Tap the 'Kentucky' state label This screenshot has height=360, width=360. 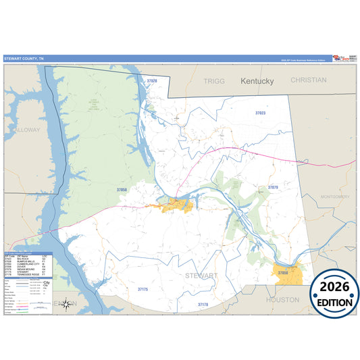257,81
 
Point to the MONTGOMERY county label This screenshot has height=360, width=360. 336,197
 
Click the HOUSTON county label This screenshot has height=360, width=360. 282,299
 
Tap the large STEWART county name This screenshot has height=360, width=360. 201,276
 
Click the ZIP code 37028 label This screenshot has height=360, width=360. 151,81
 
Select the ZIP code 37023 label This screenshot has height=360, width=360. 260,113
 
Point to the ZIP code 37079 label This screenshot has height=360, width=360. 273,187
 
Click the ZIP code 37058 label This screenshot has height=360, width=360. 122,190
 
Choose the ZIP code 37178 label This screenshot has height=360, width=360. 203,305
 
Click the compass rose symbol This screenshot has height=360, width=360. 66,303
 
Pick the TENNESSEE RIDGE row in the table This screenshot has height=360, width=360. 27,275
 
